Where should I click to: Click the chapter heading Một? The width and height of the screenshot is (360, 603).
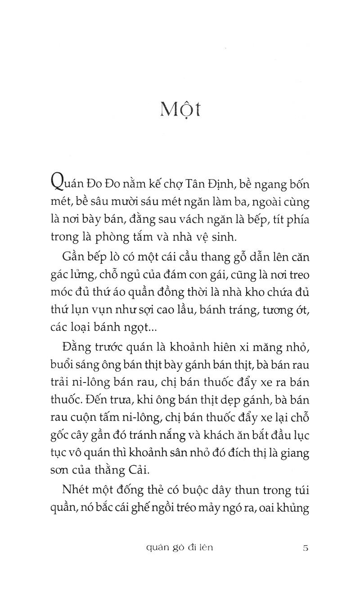tap(180, 109)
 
